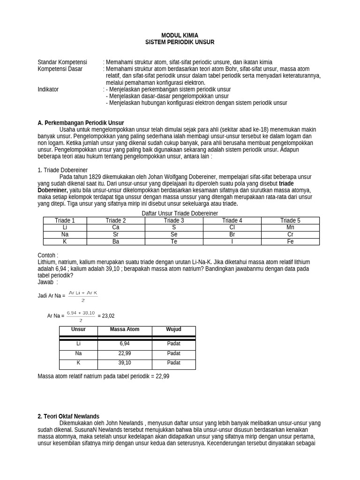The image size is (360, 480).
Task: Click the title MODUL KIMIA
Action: tap(180, 35)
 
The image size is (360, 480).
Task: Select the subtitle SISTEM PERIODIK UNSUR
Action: tap(180, 42)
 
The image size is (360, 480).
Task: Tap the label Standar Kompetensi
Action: tap(62, 62)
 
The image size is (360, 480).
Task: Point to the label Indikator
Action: tap(48, 89)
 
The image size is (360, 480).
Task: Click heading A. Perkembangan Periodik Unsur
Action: tap(81, 123)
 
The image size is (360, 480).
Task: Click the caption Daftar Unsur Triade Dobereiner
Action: tap(180, 213)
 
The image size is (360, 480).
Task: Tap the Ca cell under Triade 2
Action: tap(116, 227)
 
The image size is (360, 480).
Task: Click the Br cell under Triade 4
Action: tap(232, 234)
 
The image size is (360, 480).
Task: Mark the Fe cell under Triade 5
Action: tap(290, 242)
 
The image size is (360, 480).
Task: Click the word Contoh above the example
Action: tap(47, 255)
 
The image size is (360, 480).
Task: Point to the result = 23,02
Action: tap(106, 316)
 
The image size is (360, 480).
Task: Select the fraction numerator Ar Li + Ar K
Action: tap(83, 293)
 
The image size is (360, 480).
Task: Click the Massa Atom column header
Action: tap(124, 330)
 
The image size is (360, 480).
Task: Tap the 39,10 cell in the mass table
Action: tap(124, 363)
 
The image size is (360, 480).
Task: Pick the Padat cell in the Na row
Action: tap(173, 353)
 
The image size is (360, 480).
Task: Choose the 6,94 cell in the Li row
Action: tap(124, 344)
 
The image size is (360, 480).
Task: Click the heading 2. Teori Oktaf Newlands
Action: tap(68, 416)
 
